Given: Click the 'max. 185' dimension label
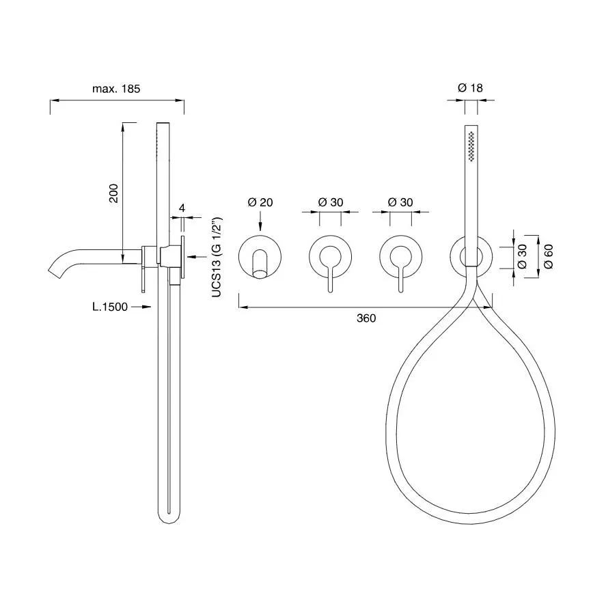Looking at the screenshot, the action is coord(116,89).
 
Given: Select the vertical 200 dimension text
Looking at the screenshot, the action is coord(113,193).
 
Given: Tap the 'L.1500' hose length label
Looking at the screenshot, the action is coord(110,307).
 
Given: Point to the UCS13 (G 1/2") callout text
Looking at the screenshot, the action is coord(217,258).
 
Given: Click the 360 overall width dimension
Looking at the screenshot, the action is coord(366,318).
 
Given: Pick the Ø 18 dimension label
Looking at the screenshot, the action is coord(470,88).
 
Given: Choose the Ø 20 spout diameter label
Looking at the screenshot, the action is coord(260,202).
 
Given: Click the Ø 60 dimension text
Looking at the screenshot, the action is coord(548,257).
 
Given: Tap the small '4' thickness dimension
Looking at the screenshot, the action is coord(182,208).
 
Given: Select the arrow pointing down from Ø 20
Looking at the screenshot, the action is coord(260,221).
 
